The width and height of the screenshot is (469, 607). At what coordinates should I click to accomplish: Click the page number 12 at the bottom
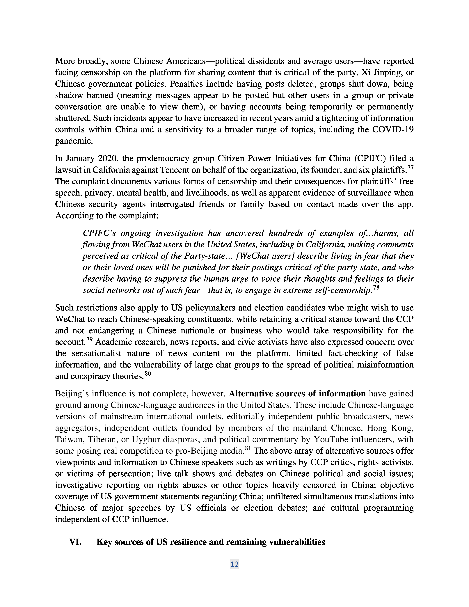pos(234,564)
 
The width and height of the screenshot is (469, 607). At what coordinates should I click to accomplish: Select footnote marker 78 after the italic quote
pos(376,288)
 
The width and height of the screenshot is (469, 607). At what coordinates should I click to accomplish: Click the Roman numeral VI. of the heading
pos(75,542)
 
